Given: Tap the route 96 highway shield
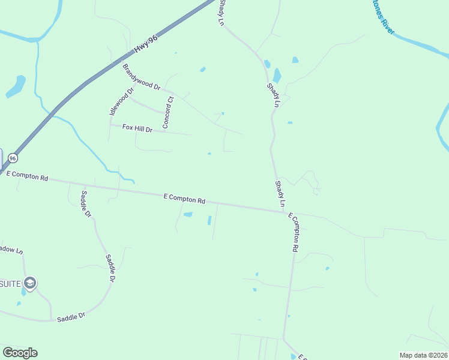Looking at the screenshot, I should point(13,158).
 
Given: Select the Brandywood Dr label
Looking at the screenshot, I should point(142,77).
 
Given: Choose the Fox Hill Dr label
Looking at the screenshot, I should point(138,128).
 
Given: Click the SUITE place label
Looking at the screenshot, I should point(11,283).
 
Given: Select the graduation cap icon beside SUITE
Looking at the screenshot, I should point(30,283).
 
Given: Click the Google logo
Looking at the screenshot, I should point(20,353).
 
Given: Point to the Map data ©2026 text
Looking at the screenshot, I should point(424,355).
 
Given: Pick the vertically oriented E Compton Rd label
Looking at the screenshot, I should point(293,232).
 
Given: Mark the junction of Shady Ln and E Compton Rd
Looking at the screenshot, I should point(285,211).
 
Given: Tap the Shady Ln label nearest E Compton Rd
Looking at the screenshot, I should point(279,194).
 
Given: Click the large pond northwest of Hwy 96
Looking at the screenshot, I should point(16,86).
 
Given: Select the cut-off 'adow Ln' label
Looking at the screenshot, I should point(11,249).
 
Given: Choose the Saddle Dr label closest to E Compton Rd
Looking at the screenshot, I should point(86,204).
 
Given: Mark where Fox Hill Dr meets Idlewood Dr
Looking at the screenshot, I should point(110,125).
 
